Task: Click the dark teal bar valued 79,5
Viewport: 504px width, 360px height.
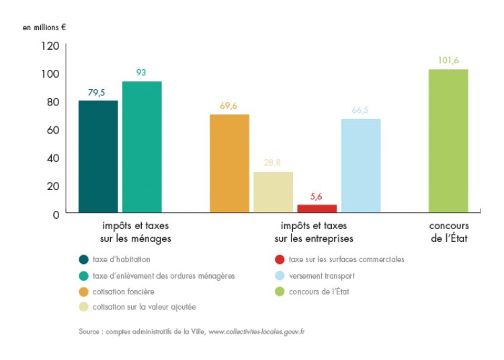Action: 98,156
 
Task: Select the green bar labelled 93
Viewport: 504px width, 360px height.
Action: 142,147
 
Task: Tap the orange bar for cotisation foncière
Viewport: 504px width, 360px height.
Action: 230,164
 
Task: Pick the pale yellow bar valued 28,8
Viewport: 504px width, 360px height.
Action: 273,192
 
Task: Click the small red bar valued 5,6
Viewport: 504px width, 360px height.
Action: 317,209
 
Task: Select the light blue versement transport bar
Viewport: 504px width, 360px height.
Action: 361,166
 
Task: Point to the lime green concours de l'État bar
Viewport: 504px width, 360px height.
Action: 448,141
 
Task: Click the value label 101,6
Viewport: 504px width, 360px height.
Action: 448,60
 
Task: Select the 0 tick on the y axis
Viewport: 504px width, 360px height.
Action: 56,214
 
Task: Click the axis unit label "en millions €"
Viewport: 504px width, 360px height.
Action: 44,28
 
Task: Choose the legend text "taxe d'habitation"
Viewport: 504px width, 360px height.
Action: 122,259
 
